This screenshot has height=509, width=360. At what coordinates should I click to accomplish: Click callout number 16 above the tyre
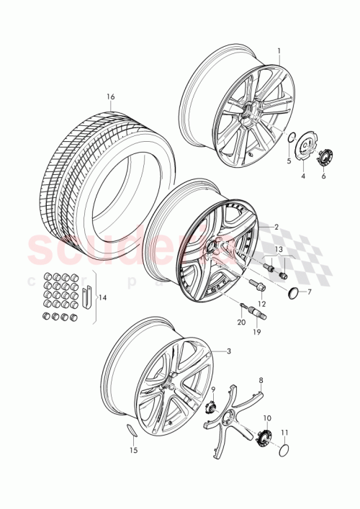[111, 96]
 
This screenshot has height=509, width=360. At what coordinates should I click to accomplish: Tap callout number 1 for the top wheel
[279, 51]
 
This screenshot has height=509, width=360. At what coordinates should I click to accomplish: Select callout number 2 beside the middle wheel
[274, 226]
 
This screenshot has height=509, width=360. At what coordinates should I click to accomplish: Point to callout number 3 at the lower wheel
[229, 351]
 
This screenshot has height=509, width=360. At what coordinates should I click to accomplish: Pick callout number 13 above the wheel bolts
[279, 248]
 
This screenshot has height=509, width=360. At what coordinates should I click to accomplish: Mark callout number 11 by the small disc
[284, 433]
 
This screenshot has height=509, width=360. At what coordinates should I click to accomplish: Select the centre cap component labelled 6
[323, 156]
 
